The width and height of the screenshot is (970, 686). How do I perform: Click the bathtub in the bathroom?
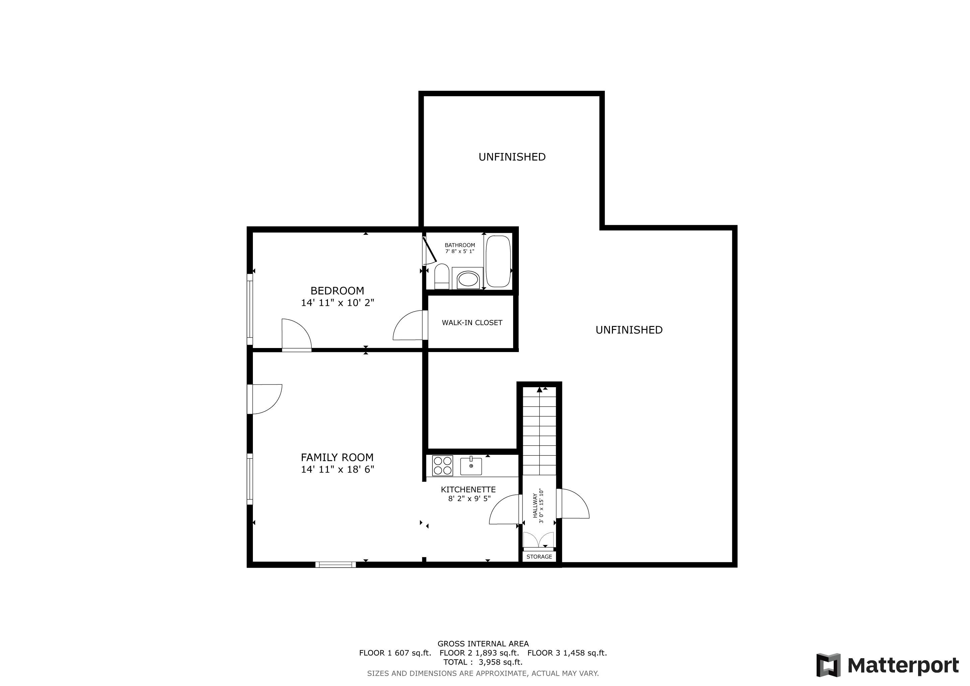click(498, 262)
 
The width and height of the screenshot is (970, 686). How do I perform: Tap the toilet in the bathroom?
click(441, 276)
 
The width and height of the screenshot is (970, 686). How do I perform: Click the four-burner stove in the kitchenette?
click(442, 466)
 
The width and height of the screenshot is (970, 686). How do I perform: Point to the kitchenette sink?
click(471, 466)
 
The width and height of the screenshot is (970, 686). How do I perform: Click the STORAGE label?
click(539, 557)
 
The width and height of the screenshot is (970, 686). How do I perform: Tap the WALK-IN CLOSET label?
click(472, 323)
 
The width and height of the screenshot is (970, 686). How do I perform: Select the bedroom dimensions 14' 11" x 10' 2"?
click(338, 303)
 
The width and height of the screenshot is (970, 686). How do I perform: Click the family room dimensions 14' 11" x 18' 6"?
click(338, 469)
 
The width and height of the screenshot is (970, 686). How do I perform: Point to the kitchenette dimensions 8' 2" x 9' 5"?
click(469, 498)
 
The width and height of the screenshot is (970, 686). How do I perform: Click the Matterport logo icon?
click(828, 665)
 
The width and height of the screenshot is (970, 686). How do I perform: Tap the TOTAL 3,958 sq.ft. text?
click(483, 662)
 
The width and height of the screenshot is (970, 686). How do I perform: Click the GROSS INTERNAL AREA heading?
click(483, 644)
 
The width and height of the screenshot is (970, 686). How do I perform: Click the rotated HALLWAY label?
click(535, 505)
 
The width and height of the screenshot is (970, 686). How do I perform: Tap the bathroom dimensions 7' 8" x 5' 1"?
click(460, 251)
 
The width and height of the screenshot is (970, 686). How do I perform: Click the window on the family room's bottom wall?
click(335, 564)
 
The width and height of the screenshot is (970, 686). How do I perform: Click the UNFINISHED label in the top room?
click(512, 157)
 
